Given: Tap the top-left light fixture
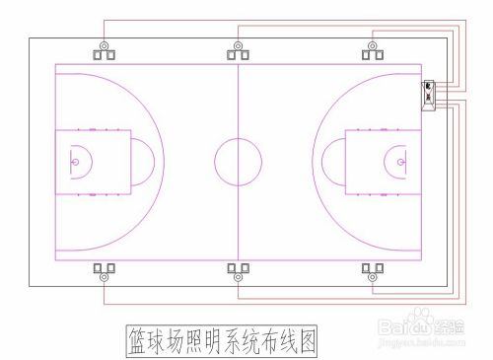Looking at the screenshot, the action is click(105, 52).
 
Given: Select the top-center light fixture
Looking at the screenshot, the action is click(239, 52).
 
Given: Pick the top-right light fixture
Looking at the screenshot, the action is click(372, 52).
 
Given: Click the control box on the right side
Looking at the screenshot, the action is click(429, 95).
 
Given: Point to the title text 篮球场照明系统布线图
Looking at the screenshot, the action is click(224, 340).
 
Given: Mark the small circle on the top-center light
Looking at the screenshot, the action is click(239, 45).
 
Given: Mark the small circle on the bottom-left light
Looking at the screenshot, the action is click(105, 278).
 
